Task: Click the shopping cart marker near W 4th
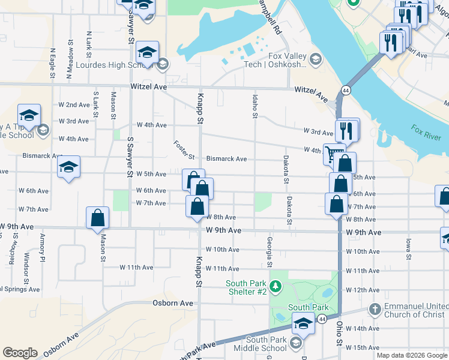click(334, 154)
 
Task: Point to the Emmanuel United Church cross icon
click(375, 310)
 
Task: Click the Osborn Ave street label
click(173, 303)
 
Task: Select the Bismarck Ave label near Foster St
click(226, 159)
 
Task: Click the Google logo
click(20, 353)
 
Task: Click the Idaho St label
click(255, 105)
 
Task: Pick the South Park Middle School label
click(266, 344)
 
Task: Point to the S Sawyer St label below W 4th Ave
click(129, 156)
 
